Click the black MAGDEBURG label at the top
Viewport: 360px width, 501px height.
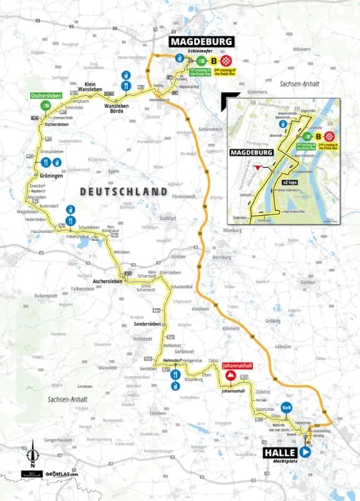coord(201,42)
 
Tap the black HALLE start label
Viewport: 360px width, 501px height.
coord(279,452)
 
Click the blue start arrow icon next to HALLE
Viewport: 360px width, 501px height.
coord(306,452)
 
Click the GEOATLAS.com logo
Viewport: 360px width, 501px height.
coord(61,474)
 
